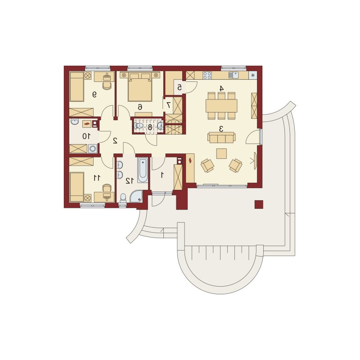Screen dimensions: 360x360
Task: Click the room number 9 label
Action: click(x=94, y=94)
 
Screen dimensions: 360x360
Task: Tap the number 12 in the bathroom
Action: click(x=130, y=181)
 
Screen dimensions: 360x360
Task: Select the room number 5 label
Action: click(x=180, y=87)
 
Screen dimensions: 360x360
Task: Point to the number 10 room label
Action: click(x=86, y=136)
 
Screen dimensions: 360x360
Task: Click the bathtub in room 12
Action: click(x=143, y=170)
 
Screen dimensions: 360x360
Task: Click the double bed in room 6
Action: click(x=140, y=87)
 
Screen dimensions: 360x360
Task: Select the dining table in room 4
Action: click(x=221, y=106)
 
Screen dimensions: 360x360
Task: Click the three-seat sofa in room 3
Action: click(x=221, y=137)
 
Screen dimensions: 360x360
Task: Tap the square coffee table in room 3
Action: click(x=221, y=153)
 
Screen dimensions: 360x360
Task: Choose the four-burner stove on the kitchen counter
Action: click(x=207, y=75)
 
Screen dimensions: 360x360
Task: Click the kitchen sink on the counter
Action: click(x=234, y=75)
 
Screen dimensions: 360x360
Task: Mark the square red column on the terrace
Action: click(x=259, y=204)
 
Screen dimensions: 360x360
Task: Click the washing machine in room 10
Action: click(x=93, y=148)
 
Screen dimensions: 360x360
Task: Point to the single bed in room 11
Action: click(x=76, y=187)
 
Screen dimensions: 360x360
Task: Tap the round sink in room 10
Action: click(x=74, y=121)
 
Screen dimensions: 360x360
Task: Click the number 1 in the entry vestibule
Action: click(x=162, y=175)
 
